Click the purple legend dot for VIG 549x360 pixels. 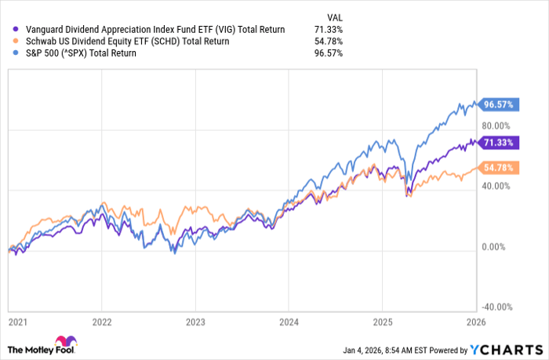[10, 29]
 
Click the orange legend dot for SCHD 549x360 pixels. [10, 41]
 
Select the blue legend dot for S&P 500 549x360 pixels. [10, 53]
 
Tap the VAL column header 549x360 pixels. [333, 16]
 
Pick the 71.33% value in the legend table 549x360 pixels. [328, 29]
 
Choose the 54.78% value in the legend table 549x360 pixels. [328, 41]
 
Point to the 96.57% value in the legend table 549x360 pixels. [328, 53]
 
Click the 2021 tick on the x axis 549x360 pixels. [16, 322]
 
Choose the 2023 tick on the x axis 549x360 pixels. [195, 322]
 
